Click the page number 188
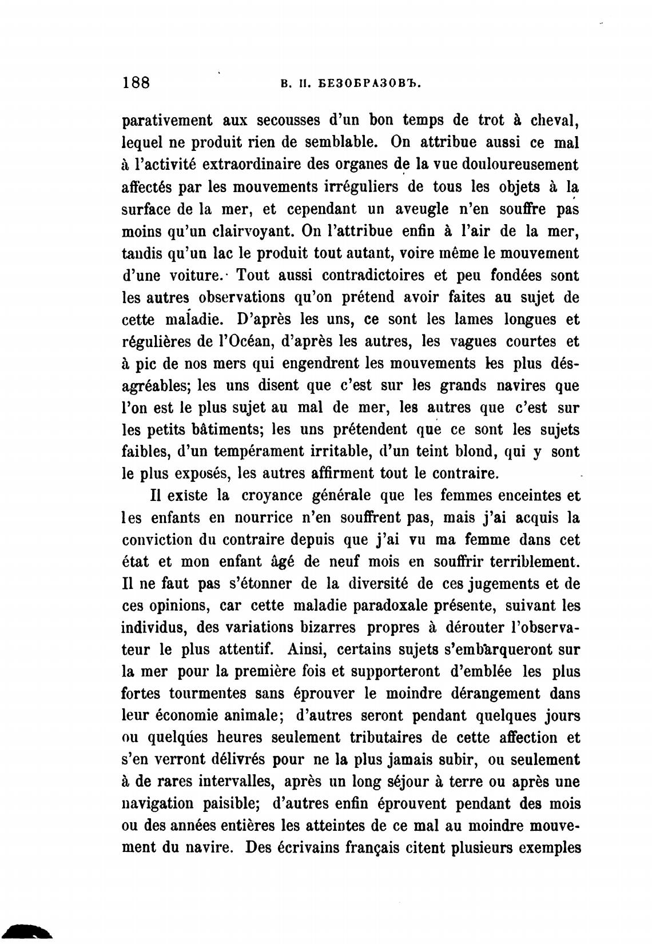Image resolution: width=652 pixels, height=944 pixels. (x=136, y=82)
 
